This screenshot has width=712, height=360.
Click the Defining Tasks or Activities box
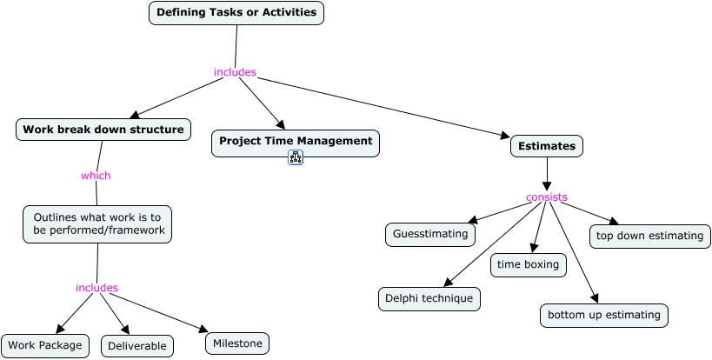click(x=236, y=13)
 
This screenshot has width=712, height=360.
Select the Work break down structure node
click(x=103, y=130)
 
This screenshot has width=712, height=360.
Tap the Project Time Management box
click(x=296, y=141)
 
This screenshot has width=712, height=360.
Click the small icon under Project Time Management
click(x=296, y=157)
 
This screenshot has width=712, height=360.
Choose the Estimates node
click(x=547, y=146)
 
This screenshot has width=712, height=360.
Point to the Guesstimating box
click(x=430, y=234)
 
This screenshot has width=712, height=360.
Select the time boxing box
click(x=529, y=264)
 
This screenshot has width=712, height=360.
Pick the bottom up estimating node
click(x=604, y=315)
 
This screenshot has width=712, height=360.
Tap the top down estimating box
click(x=649, y=236)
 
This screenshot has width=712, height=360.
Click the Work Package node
click(x=45, y=345)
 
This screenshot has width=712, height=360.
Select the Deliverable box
click(x=137, y=346)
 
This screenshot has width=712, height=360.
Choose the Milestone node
click(x=237, y=343)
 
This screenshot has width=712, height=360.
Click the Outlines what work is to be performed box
click(x=97, y=224)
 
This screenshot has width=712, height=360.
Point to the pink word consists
click(x=547, y=197)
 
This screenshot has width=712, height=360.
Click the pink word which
click(x=96, y=176)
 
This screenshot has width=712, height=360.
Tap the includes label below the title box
click(x=235, y=72)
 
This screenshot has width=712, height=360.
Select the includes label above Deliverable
click(x=96, y=288)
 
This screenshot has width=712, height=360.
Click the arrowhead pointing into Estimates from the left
click(x=504, y=137)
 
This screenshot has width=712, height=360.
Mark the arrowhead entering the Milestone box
click(x=203, y=330)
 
